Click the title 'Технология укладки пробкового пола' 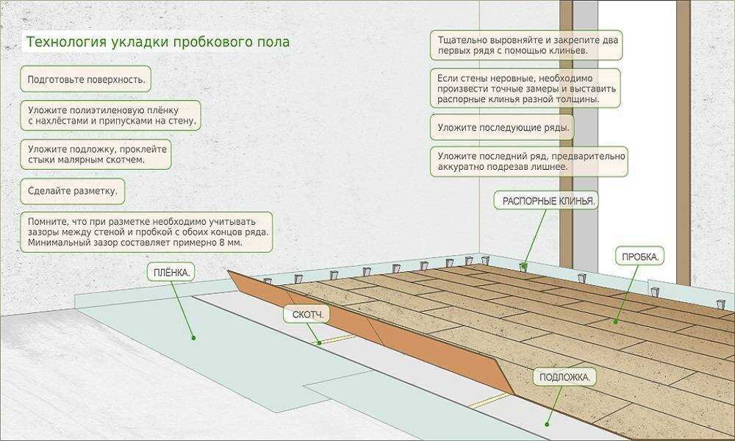tap(158, 42)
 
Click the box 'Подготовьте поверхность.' tap(86, 78)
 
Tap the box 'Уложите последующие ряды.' tap(503, 127)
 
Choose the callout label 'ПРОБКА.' tap(639, 257)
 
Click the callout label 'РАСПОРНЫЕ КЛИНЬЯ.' tap(548, 201)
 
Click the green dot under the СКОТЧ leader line tap(319, 343)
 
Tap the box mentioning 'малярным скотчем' tap(96, 153)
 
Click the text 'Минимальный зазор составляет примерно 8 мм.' tap(134, 242)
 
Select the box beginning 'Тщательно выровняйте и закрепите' tap(526, 45)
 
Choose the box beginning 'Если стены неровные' tap(526, 88)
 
